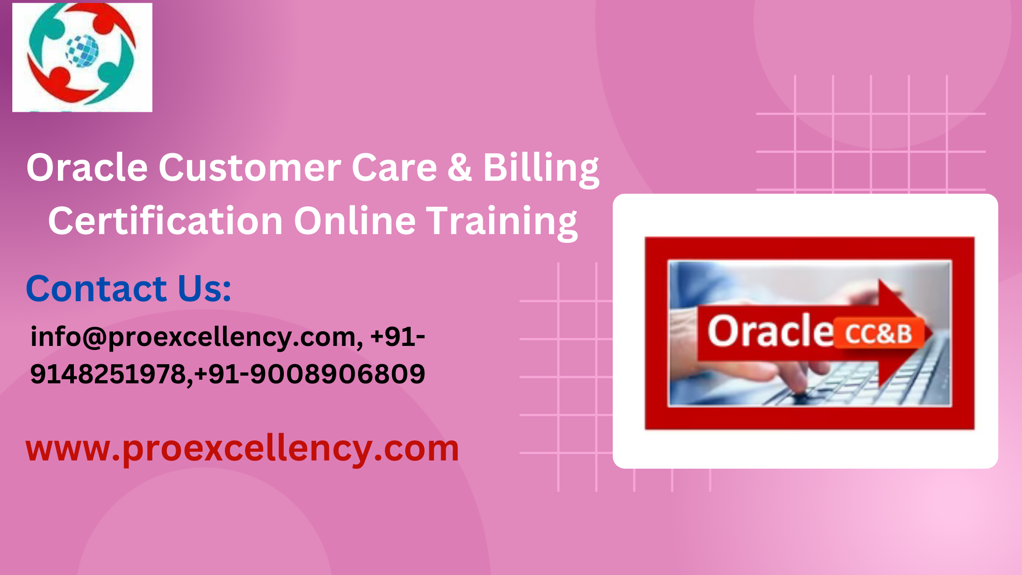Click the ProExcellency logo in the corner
[x=82, y=57]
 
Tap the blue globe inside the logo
[x=83, y=51]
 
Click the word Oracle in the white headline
[x=87, y=167]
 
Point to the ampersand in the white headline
[x=459, y=167]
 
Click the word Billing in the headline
[x=541, y=169]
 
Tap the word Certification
[x=166, y=221]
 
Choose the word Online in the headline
[x=355, y=221]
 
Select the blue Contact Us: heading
[x=129, y=288]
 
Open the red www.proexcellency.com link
[x=242, y=449]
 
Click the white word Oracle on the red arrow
[x=771, y=331]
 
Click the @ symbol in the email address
[x=94, y=338]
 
